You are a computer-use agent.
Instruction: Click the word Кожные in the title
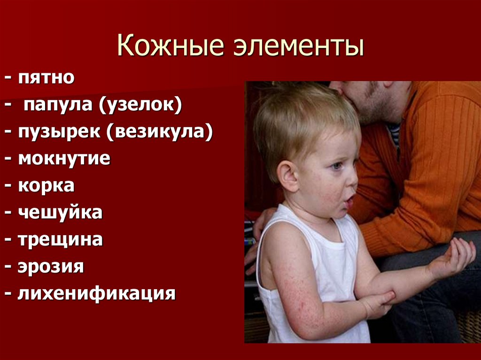[168, 48]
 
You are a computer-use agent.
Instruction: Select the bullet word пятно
[47, 77]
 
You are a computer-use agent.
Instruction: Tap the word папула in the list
[57, 105]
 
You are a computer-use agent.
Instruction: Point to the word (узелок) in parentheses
[140, 105]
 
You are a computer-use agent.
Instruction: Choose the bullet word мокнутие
[64, 159]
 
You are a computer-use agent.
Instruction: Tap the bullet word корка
[46, 186]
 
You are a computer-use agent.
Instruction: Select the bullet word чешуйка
[60, 213]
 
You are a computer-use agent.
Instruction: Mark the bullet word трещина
[61, 240]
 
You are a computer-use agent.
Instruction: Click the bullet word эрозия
[51, 267]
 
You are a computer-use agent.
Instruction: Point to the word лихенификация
[96, 294]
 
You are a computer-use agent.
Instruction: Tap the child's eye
[338, 166]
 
